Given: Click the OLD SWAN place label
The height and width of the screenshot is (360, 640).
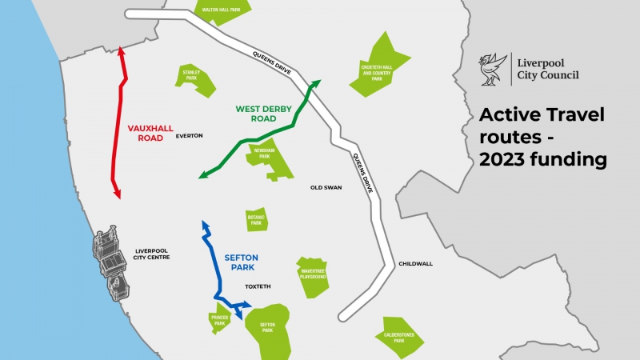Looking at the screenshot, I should click(326, 189).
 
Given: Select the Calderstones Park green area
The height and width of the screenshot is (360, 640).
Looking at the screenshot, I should click(398, 336).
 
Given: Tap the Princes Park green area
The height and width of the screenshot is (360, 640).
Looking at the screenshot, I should click(220, 319).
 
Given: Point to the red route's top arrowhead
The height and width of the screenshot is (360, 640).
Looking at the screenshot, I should click(120, 51).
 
